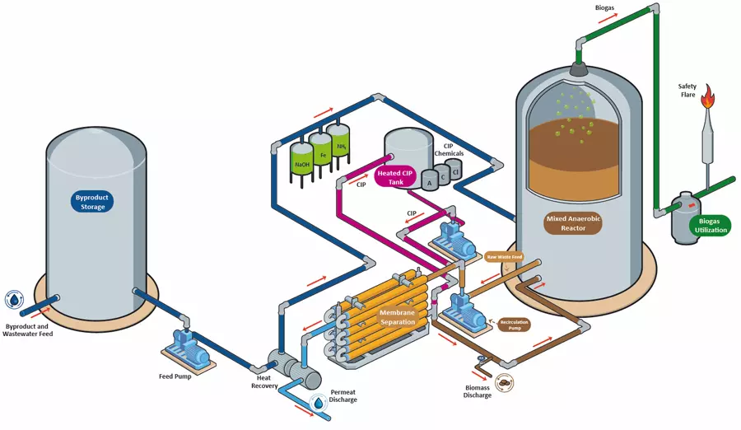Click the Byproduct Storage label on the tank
91,202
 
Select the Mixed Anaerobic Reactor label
573,223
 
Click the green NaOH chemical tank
302,160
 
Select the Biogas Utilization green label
711,225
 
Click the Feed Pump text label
176,376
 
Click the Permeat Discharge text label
343,395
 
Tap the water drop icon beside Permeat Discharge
317,403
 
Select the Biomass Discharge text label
478,390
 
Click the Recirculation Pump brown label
515,324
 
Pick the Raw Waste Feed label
504,256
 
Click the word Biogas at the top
605,7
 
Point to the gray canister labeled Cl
455,171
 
